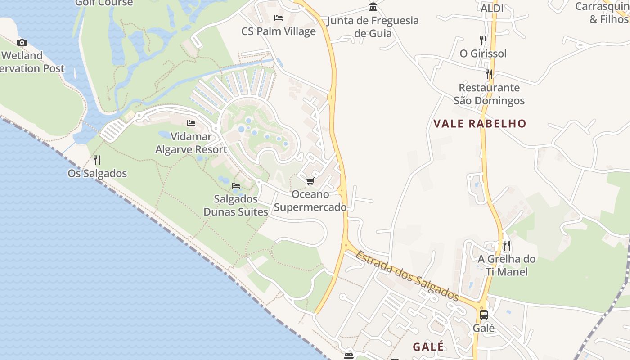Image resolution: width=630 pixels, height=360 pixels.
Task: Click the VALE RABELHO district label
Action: click(x=480, y=124)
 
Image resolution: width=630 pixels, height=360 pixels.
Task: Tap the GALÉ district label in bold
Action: click(x=428, y=346)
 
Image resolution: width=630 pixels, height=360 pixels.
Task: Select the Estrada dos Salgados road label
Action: click(x=407, y=276)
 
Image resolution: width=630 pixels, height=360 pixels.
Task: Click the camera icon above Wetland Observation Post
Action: click(x=22, y=43)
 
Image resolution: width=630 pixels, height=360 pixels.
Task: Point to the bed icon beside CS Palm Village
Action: click(x=279, y=18)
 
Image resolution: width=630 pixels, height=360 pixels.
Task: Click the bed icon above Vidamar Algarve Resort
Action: click(x=191, y=123)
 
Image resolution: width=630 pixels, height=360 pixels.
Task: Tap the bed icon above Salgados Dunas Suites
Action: click(x=235, y=186)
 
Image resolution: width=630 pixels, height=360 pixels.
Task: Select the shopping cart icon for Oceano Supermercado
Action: click(x=310, y=181)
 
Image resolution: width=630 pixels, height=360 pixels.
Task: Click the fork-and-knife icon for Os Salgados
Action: click(x=97, y=160)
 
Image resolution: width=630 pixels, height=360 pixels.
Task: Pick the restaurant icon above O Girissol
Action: click(x=483, y=40)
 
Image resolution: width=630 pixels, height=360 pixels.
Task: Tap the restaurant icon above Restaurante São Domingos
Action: click(x=489, y=74)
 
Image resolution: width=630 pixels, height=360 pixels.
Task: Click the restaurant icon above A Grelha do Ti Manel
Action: click(x=507, y=245)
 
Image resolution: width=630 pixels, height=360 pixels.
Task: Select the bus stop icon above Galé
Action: click(x=484, y=315)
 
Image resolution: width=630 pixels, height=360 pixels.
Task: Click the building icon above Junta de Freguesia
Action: click(x=373, y=7)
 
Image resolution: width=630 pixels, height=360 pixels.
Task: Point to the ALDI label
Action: click(x=492, y=9)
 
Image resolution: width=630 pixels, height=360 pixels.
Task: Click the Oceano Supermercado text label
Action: click(x=310, y=201)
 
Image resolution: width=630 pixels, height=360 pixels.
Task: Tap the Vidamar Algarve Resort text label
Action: click(x=191, y=143)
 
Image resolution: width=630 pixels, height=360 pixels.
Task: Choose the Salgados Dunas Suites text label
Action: click(x=236, y=205)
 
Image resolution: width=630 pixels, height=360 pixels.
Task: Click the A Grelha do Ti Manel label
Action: click(x=507, y=265)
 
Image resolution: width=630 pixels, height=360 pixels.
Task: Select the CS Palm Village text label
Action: click(x=279, y=31)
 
